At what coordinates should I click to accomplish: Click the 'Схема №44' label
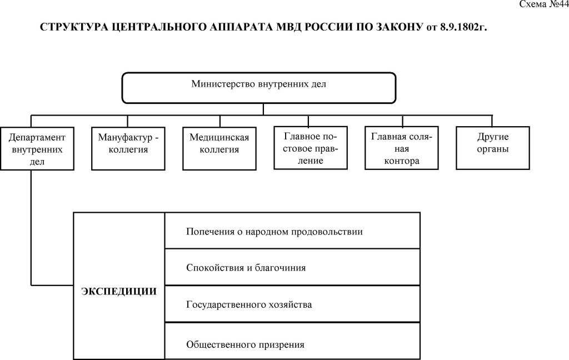[x=543, y=4]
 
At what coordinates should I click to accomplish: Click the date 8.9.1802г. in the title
[x=464, y=27]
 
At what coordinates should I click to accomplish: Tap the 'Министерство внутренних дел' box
[x=259, y=87]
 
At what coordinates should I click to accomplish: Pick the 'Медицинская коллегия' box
[x=219, y=149]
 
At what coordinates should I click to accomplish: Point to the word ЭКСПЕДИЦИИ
[x=119, y=291]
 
